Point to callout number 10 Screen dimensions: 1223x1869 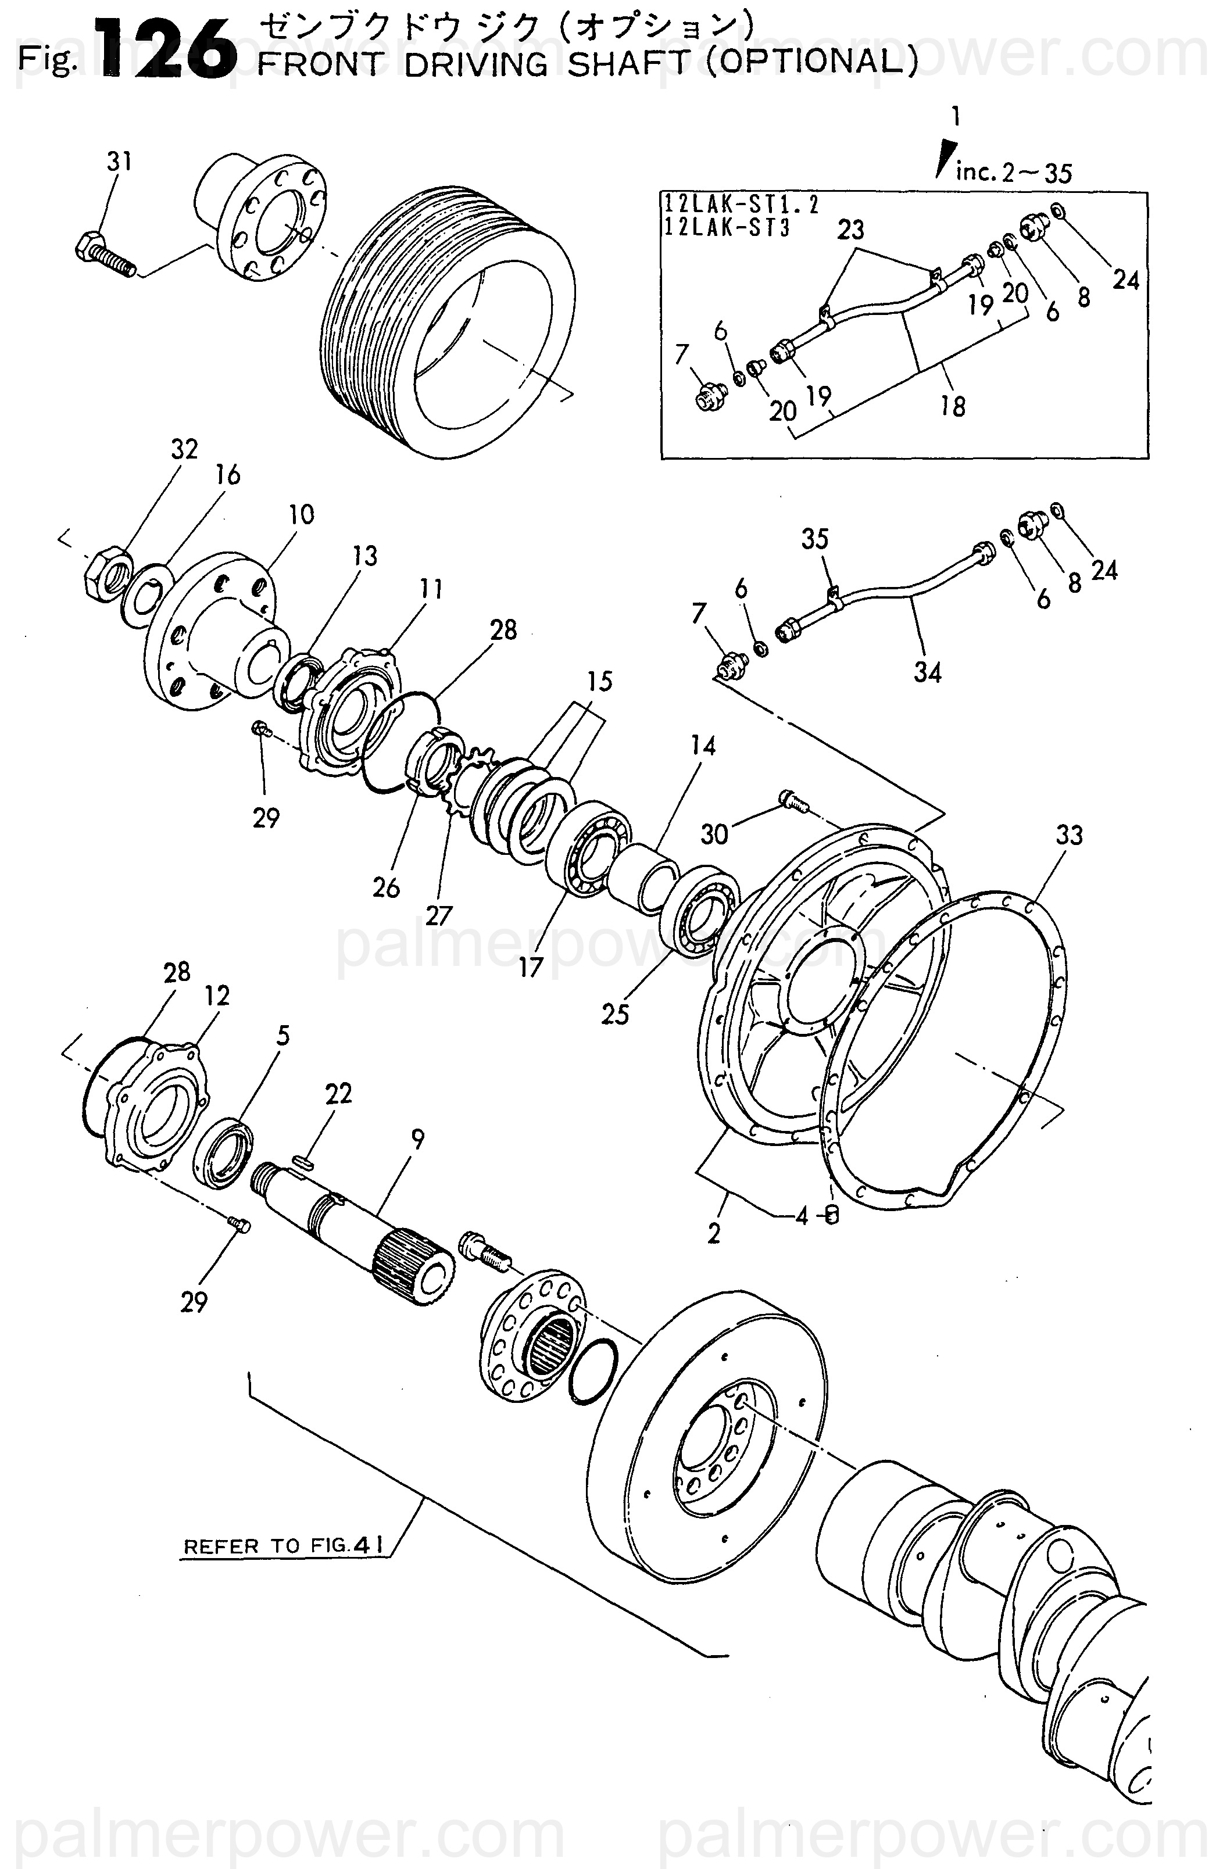(302, 514)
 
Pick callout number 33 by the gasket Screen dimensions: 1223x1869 (1069, 835)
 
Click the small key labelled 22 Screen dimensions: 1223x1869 (304, 1162)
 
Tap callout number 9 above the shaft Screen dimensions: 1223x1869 (417, 1138)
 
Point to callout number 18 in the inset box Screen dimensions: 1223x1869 (953, 406)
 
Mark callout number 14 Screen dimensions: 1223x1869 (703, 744)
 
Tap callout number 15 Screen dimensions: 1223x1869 (599, 681)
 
